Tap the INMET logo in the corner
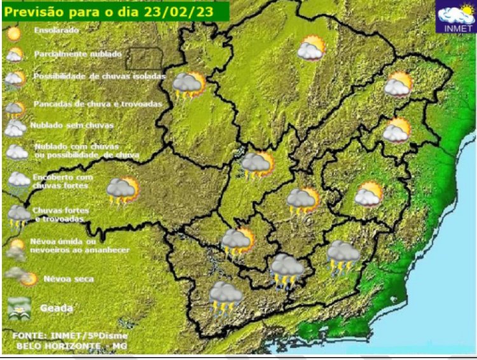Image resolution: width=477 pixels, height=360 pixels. coord(455,18)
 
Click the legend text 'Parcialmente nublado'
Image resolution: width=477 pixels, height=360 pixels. coord(77,54)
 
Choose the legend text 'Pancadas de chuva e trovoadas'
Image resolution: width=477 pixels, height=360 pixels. coord(97,103)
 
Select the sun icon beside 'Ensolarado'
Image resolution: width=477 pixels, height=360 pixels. coord(15,32)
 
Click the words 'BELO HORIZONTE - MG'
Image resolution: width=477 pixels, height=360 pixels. coord(70,345)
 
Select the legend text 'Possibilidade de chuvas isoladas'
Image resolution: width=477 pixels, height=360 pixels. coord(99,76)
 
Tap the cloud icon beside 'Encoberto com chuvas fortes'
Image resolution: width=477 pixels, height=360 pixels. coord(18,180)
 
